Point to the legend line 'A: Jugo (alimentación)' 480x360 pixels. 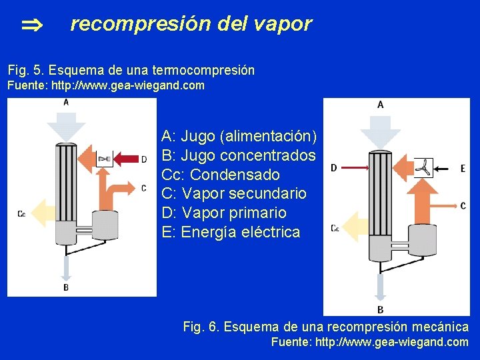point(239,136)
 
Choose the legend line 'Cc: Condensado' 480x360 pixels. point(220,175)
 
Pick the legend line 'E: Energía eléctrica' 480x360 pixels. point(231,232)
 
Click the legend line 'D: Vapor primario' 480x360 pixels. point(223,213)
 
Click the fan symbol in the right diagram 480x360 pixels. point(423,168)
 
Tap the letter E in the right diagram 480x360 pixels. point(463,169)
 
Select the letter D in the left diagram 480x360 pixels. point(143,159)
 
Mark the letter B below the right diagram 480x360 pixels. point(380,309)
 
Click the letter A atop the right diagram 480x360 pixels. point(380,105)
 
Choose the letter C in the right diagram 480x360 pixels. point(463,205)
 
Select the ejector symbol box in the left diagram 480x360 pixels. point(105,159)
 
